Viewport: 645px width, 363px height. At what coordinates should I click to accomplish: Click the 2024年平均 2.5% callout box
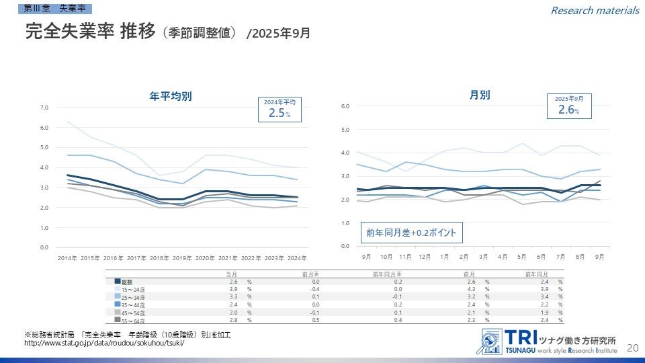click(280, 109)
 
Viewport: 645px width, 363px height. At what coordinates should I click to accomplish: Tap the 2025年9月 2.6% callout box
click(568, 106)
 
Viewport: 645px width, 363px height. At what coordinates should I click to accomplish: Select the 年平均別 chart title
click(171, 96)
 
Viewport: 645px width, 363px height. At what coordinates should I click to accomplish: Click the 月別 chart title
click(479, 95)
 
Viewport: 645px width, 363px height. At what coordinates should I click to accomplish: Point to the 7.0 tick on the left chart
click(44, 108)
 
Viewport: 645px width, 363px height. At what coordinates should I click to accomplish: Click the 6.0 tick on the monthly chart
click(345, 106)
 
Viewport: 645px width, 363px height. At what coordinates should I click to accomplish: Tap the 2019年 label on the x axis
click(182, 257)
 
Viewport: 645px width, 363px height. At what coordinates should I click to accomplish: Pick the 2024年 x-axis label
click(296, 257)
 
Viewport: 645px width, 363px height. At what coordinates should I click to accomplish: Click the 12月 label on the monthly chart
click(424, 256)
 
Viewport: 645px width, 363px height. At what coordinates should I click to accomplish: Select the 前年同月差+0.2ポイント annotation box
click(411, 233)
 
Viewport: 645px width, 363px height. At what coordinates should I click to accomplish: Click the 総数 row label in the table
click(127, 281)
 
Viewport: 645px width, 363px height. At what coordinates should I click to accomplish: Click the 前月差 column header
click(310, 274)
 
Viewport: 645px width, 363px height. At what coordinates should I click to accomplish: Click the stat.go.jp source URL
click(103, 344)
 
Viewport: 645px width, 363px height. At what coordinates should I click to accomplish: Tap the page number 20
click(632, 348)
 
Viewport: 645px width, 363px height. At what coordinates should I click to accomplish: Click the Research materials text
click(595, 10)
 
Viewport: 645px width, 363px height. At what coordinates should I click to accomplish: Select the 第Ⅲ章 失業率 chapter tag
click(59, 7)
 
